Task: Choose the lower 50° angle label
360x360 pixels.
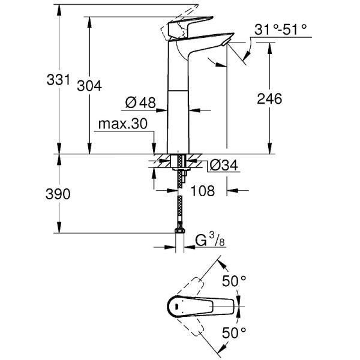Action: point(235,331)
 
